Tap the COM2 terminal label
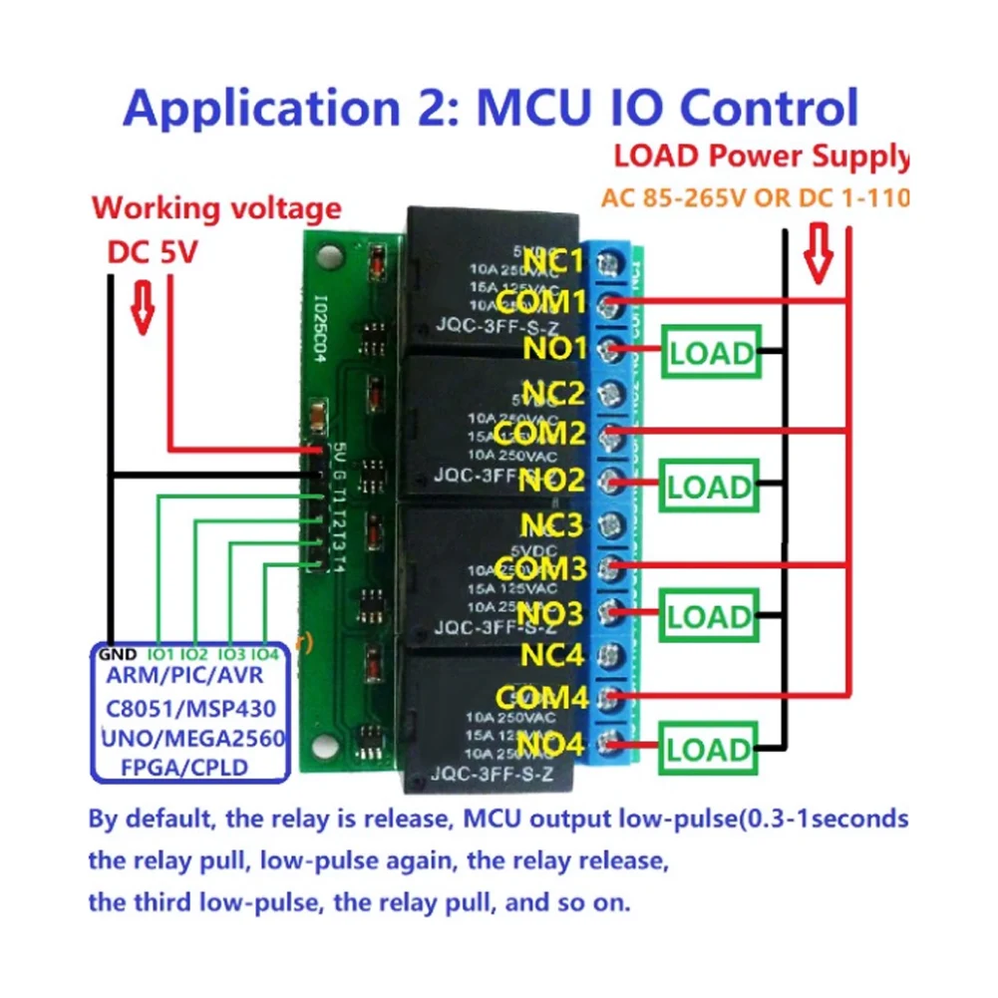[538, 434]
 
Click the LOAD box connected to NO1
[711, 353]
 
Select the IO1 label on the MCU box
[161, 654]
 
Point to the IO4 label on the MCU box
[264, 654]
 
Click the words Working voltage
[216, 209]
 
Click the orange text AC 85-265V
[673, 197]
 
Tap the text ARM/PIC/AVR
[188, 677]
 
